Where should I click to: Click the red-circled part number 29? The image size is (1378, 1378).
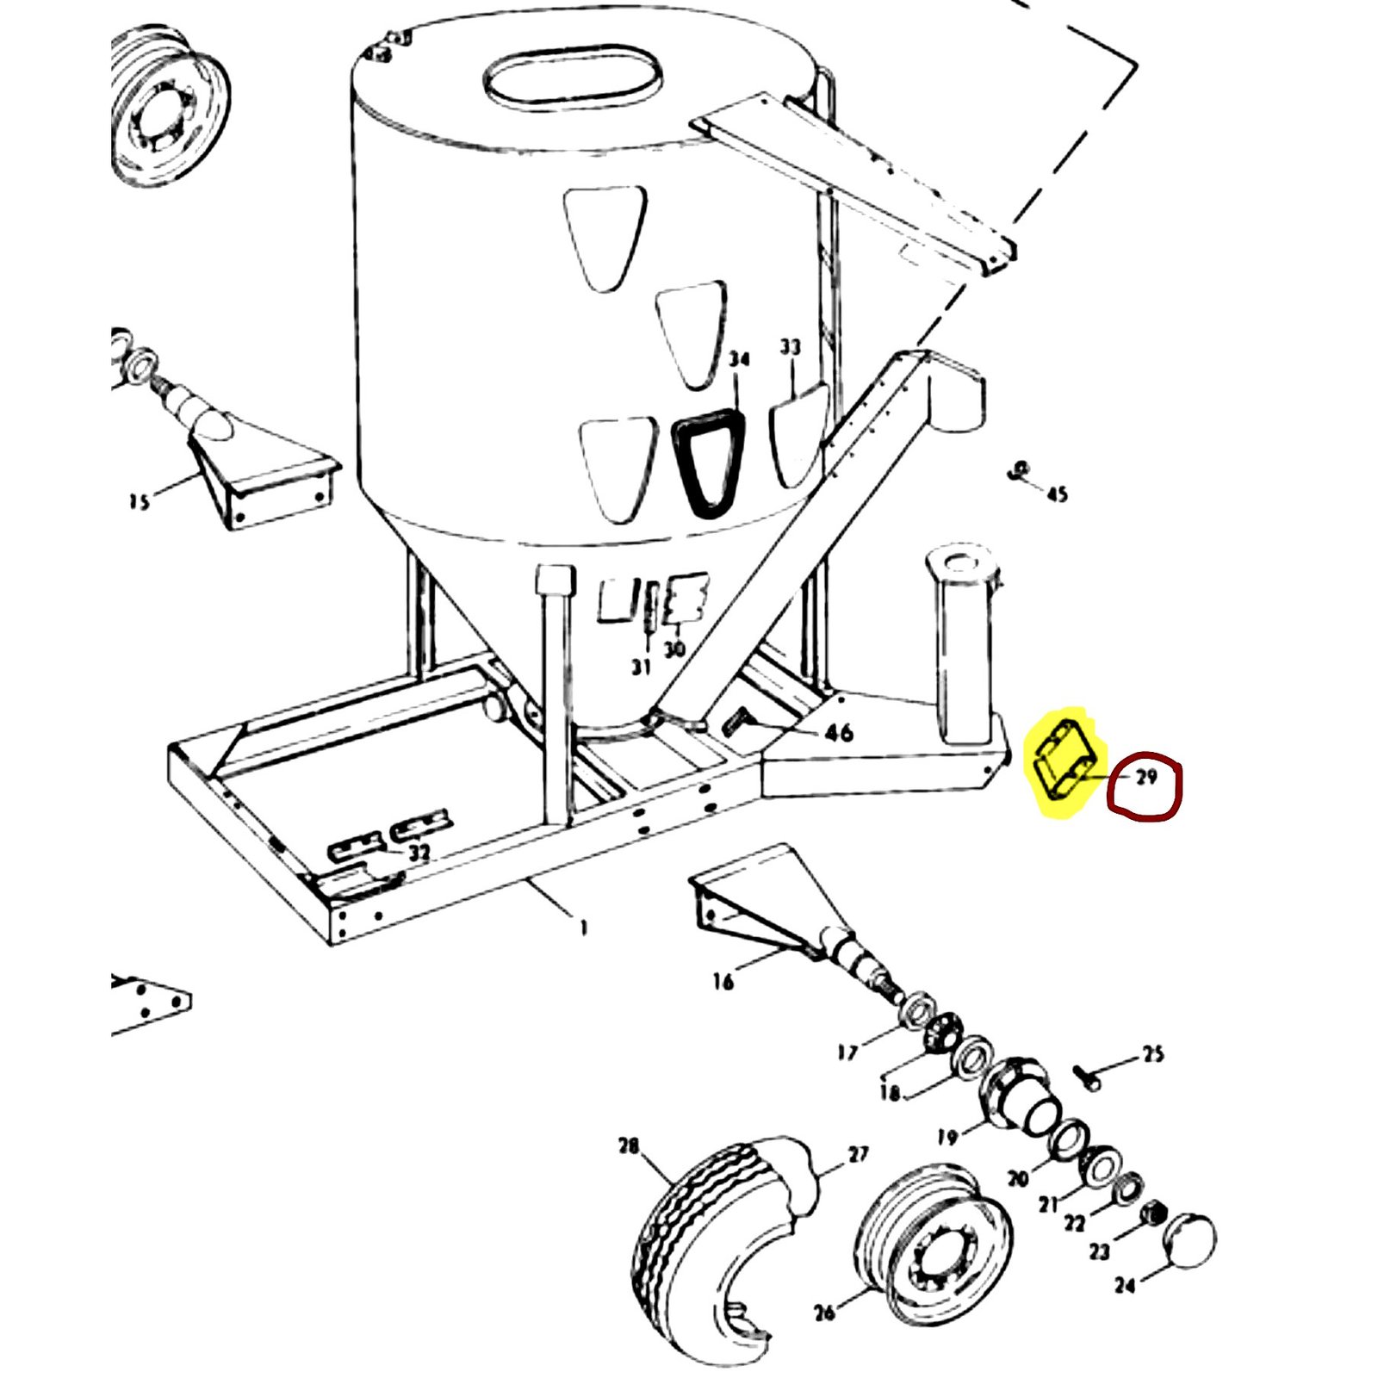pyautogui.click(x=1145, y=778)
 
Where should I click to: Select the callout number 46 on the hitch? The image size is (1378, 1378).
pyautogui.click(x=838, y=733)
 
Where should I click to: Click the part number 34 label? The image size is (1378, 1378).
pyautogui.click(x=739, y=359)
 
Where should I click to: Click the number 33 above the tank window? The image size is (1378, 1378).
pyautogui.click(x=790, y=347)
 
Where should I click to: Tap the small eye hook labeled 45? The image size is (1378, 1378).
pyautogui.click(x=1019, y=471)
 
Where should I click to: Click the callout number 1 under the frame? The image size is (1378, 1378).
pyautogui.click(x=584, y=928)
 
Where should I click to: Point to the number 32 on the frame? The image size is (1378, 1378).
pyautogui.click(x=419, y=853)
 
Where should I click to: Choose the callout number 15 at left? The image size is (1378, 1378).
pyautogui.click(x=138, y=501)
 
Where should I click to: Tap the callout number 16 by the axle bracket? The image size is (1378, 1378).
pyautogui.click(x=723, y=981)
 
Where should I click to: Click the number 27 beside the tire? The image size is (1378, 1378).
pyautogui.click(x=858, y=1154)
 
